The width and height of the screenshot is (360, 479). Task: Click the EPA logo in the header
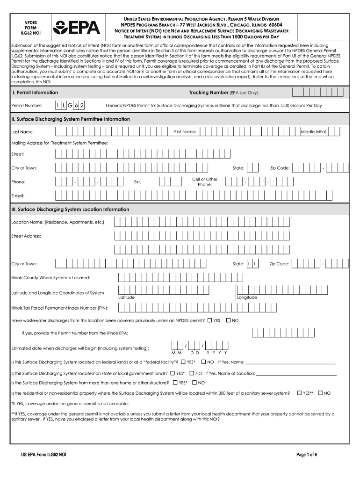click(76, 27)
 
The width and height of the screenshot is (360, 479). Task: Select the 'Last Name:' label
click(22, 132)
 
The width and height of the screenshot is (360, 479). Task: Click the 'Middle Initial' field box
click(313, 132)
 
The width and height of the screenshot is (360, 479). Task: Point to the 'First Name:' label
click(185, 132)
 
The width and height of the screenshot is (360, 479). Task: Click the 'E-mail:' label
click(18, 195)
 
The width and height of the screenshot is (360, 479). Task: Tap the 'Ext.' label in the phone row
click(137, 181)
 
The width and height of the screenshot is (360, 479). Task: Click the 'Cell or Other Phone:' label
click(205, 181)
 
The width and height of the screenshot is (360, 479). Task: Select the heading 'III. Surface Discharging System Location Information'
click(70, 210)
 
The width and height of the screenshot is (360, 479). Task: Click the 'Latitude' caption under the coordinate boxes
click(126, 298)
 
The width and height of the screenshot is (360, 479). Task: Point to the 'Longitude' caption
click(247, 298)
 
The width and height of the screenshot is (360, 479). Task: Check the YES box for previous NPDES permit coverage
click(210, 320)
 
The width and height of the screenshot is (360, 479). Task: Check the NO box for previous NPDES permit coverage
click(229, 320)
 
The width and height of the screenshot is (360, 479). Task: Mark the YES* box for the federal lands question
click(183, 362)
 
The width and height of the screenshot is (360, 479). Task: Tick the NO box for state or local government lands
click(192, 373)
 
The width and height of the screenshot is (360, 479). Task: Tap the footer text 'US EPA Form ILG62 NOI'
click(43, 455)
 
